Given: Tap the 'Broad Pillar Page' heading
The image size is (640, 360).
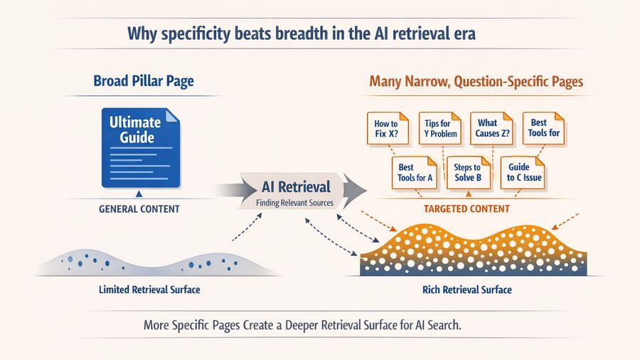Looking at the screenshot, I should click(144, 82).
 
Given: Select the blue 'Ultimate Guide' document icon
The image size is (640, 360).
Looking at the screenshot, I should click(141, 147).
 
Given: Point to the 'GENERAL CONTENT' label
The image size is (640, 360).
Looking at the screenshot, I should click(140, 209).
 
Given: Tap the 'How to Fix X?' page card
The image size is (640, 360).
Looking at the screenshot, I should click(386, 129).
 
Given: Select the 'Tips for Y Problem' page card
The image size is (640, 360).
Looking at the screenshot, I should click(439, 129).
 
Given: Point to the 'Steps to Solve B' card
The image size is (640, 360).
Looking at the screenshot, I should click(467, 172).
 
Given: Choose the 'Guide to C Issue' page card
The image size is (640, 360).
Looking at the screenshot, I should click(523, 172).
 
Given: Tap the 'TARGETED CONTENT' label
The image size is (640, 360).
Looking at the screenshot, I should click(466, 208).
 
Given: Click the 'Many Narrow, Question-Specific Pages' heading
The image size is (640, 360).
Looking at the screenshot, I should click(476, 82).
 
